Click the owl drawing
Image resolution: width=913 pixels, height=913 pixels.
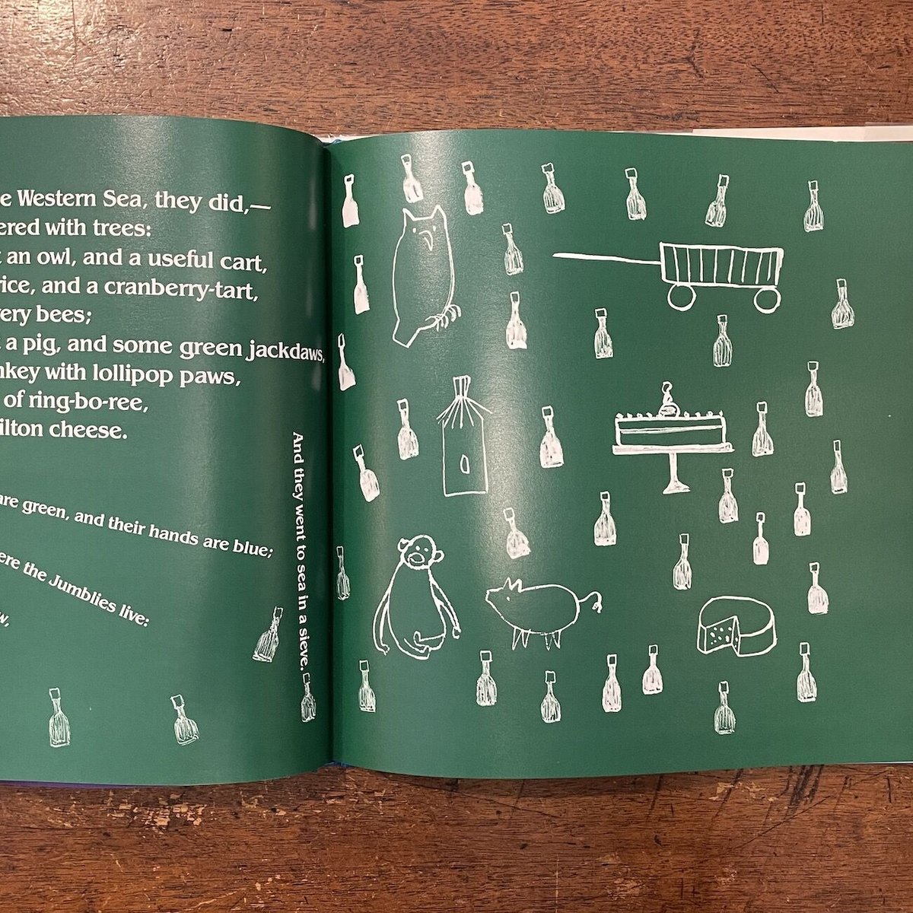pyautogui.click(x=423, y=274)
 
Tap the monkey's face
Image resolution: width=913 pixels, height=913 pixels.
pyautogui.click(x=416, y=556)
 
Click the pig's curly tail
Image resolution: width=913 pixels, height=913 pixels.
pyautogui.click(x=595, y=600)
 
